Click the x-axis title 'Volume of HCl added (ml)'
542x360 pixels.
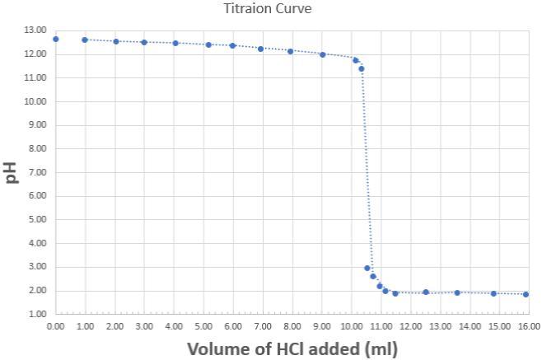coord(292,348)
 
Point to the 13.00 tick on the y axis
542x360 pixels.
coord(35,30)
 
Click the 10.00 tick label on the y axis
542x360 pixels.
coord(35,101)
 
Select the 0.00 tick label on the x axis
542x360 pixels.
coord(56,326)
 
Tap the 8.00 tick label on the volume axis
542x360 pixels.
coord(292,326)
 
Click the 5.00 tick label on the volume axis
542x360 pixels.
coord(203,326)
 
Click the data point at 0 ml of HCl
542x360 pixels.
coord(56,39)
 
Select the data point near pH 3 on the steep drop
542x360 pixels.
coord(367,268)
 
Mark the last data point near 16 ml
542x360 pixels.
coord(526,294)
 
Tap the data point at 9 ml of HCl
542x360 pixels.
coord(322,54)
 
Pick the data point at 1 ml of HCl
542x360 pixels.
coord(85,40)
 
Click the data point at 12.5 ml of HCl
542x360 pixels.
coord(426,292)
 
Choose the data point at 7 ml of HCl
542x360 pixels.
coord(261,49)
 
